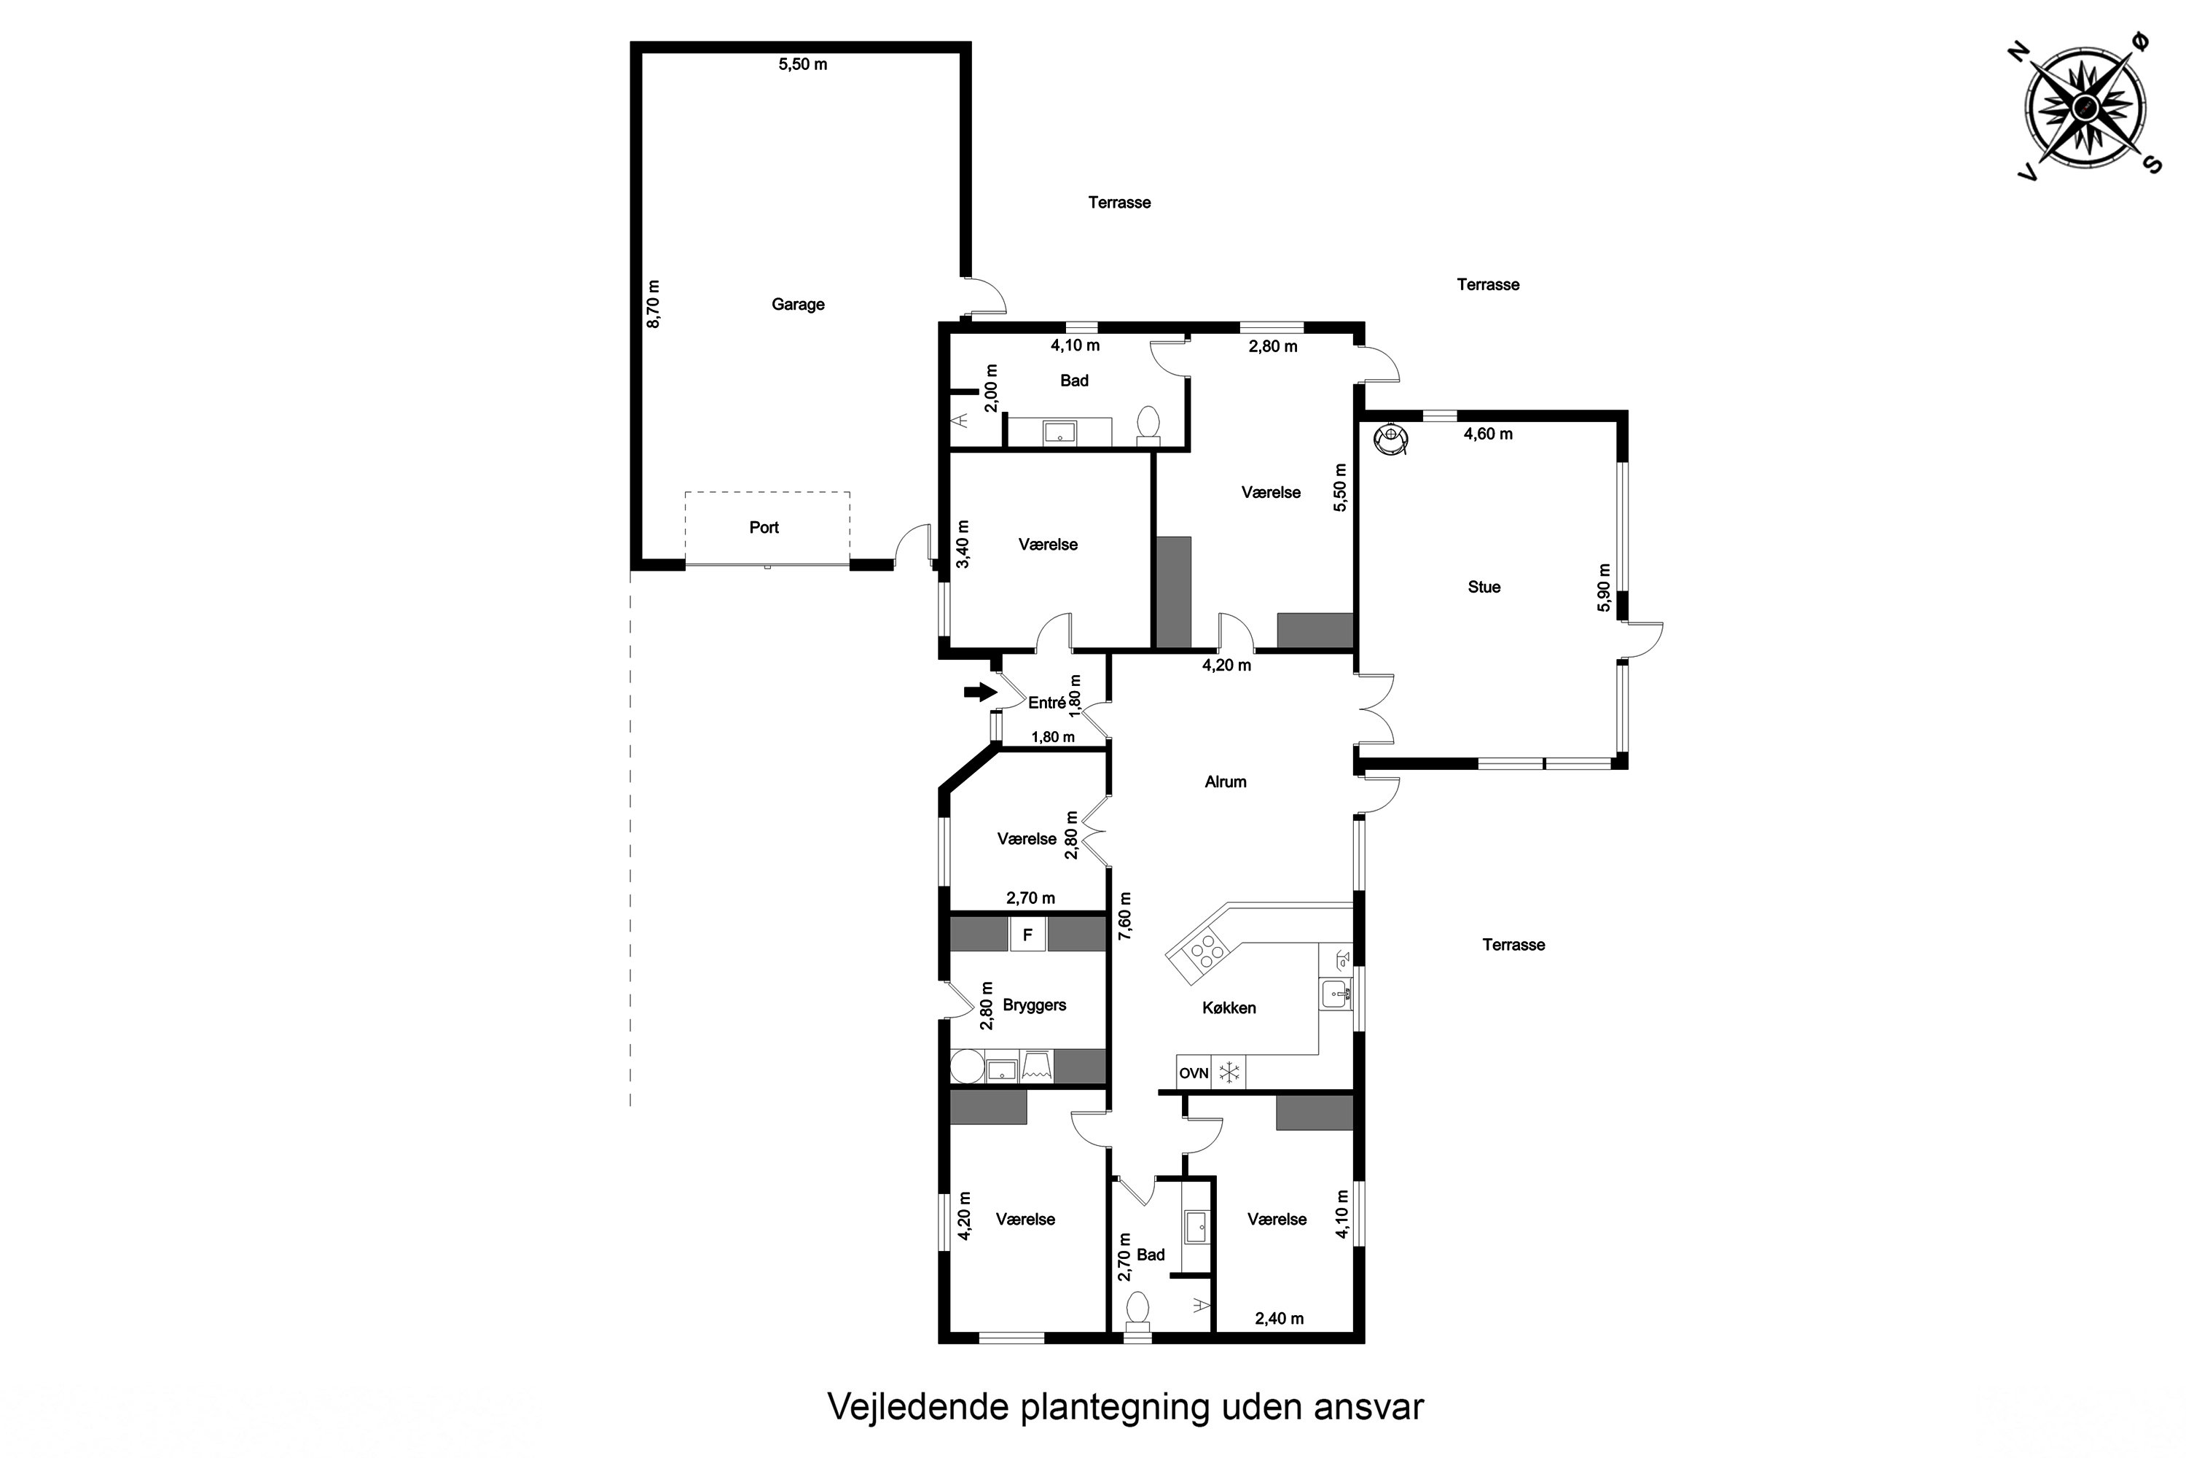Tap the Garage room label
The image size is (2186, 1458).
pyautogui.click(x=797, y=304)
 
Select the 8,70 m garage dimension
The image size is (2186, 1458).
pyautogui.click(x=654, y=304)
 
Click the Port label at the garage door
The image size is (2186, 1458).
pyautogui.click(x=764, y=527)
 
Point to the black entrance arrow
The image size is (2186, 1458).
pyautogui.click(x=979, y=692)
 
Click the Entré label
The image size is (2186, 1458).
pyautogui.click(x=1046, y=703)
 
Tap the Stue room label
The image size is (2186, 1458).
pyautogui.click(x=1484, y=587)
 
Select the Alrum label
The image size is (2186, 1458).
pyautogui.click(x=1225, y=782)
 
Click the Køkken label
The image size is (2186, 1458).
pyautogui.click(x=1229, y=1008)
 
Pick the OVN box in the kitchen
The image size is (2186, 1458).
pyautogui.click(x=1194, y=1072)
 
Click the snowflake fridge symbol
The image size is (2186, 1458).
pyautogui.click(x=1230, y=1072)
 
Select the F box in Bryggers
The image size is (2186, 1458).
pyautogui.click(x=1028, y=935)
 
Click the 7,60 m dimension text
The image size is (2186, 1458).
pyautogui.click(x=1124, y=916)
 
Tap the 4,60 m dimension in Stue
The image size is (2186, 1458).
pyautogui.click(x=1488, y=434)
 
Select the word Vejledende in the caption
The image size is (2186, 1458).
pyautogui.click(x=919, y=1407)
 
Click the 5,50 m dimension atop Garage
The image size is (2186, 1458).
pyautogui.click(x=803, y=64)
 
